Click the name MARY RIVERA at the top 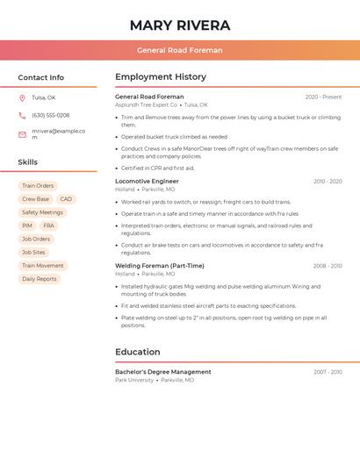tap(180, 25)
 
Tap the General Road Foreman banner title tap(180, 50)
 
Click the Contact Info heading tap(40, 77)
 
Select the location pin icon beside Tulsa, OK tap(22, 98)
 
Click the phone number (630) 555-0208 tap(50, 115)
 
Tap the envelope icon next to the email tap(22, 134)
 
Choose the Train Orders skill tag tap(38, 186)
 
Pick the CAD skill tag tap(66, 199)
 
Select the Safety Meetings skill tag tap(42, 212)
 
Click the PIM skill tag tap(27, 225)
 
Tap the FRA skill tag tap(48, 225)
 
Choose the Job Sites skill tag tap(33, 252)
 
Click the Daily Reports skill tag tap(39, 279)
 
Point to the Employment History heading tap(161, 77)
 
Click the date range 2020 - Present tap(323, 97)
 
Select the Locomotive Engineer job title tap(147, 182)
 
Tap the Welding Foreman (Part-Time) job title tap(159, 266)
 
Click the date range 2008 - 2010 tap(328, 266)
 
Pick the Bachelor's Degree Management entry tap(162, 372)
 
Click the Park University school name tap(134, 381)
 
